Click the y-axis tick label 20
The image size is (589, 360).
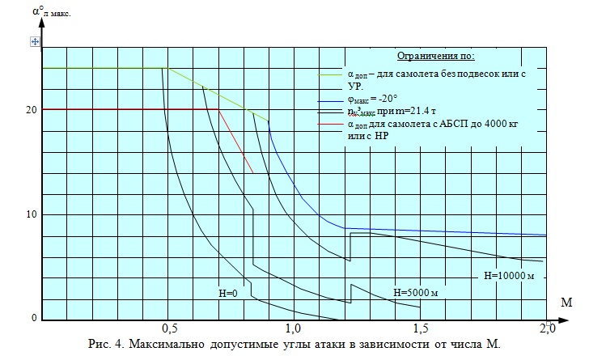click(30, 109)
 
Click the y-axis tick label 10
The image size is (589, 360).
click(30, 214)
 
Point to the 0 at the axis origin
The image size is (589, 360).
click(34, 318)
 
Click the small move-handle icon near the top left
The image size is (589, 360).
click(35, 40)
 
